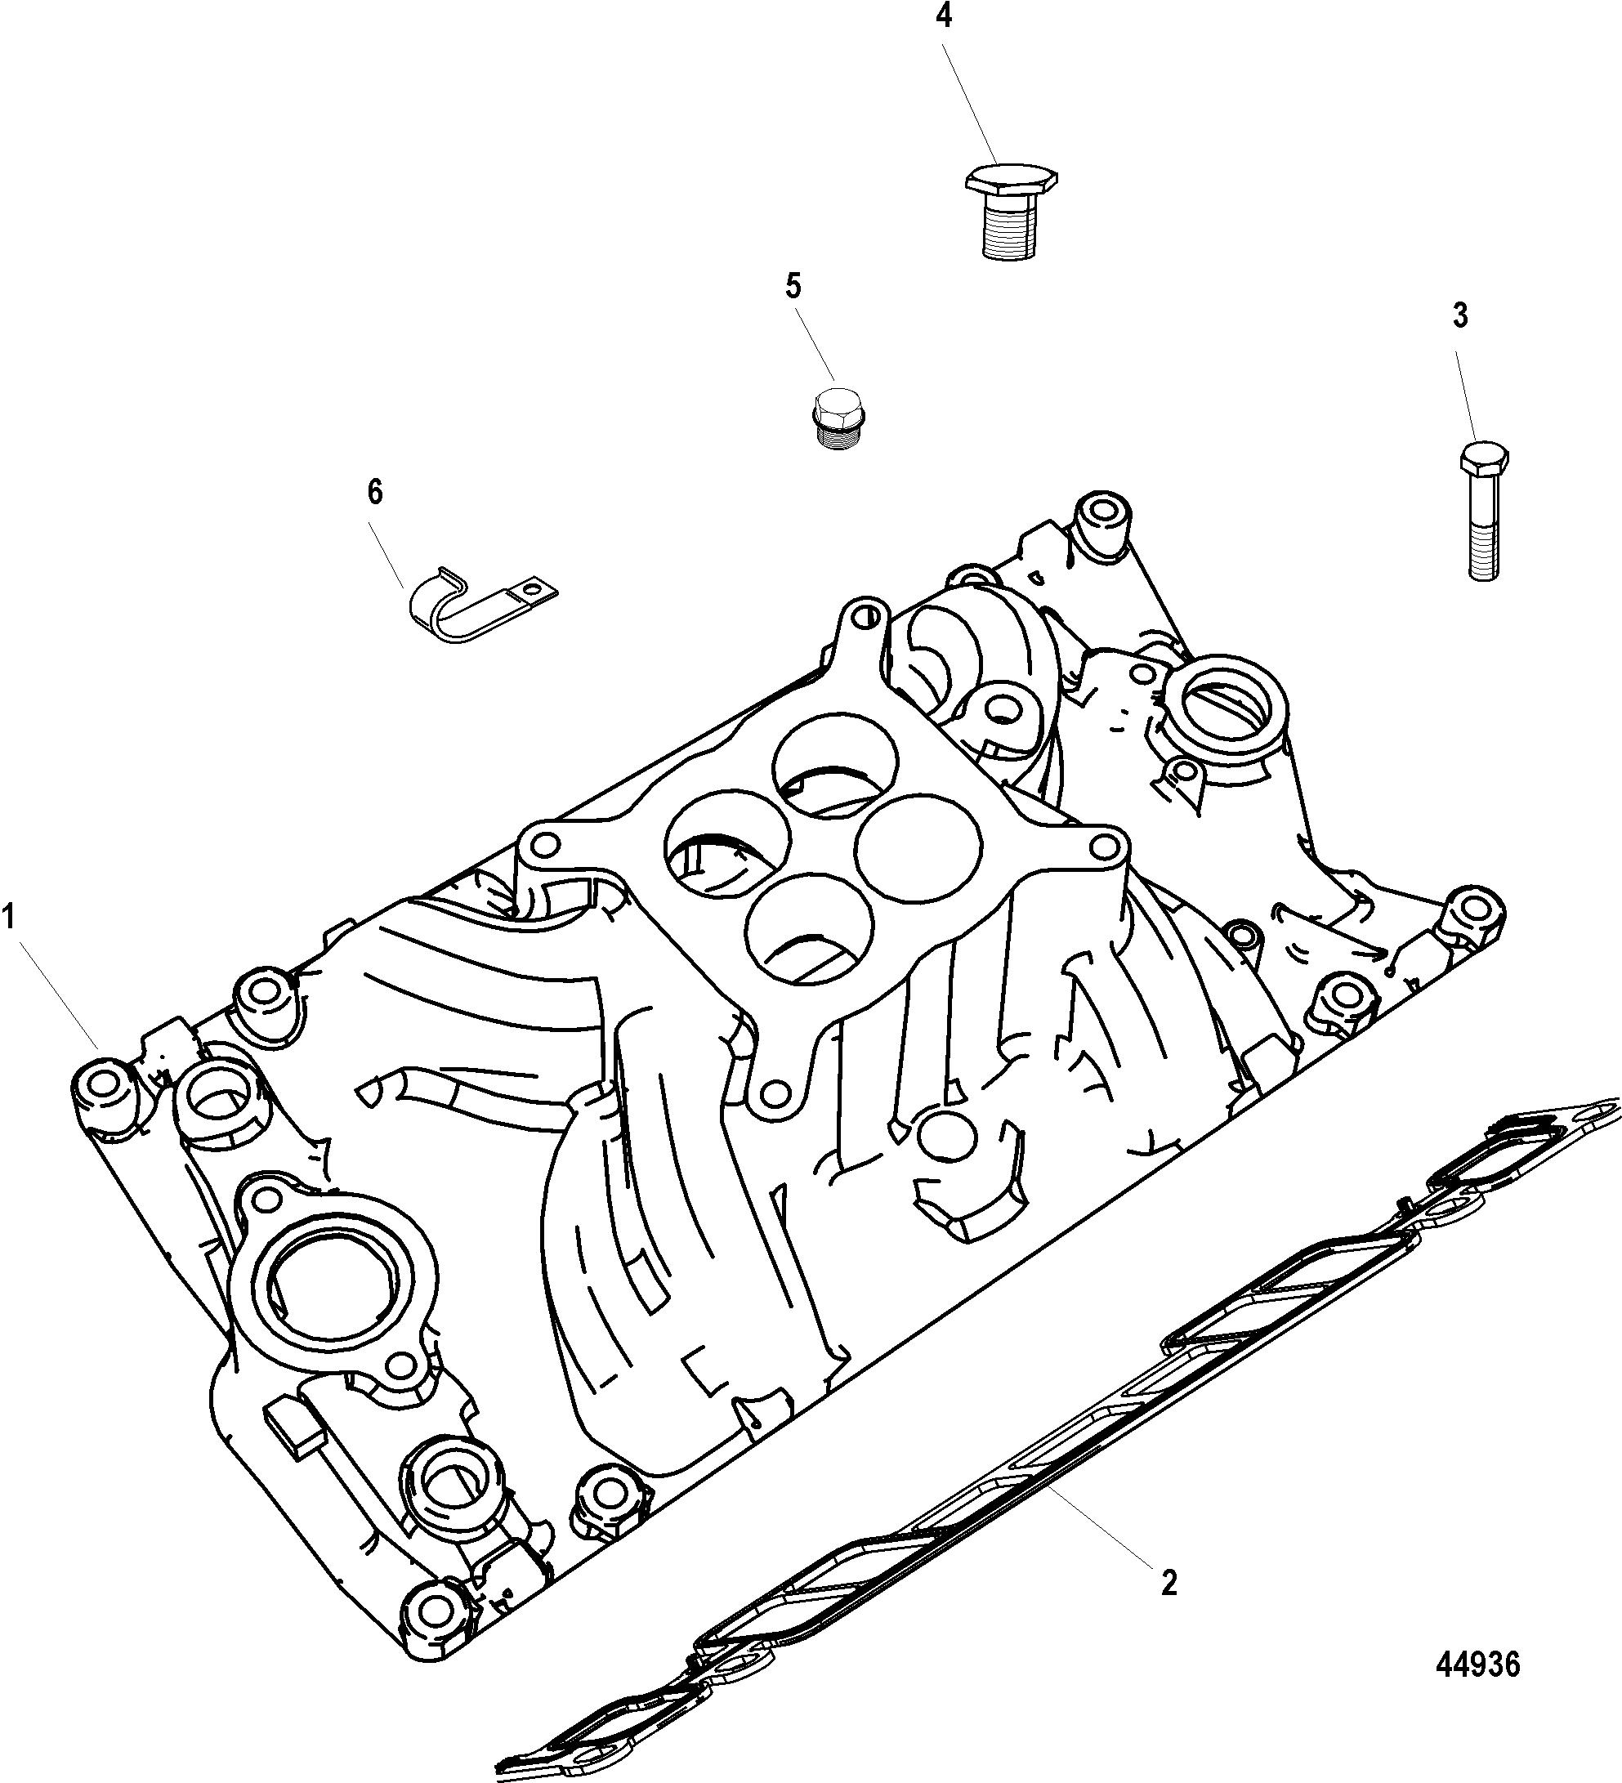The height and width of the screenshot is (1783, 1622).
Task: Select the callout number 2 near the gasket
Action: coord(1169,1582)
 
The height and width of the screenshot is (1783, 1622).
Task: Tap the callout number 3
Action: coord(1460,315)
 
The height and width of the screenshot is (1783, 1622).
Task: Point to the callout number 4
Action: coord(945,15)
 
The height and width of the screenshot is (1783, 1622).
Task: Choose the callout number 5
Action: coord(793,286)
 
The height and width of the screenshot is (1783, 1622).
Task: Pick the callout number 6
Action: coord(375,492)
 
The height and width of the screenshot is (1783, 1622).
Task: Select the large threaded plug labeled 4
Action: coord(1009,211)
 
